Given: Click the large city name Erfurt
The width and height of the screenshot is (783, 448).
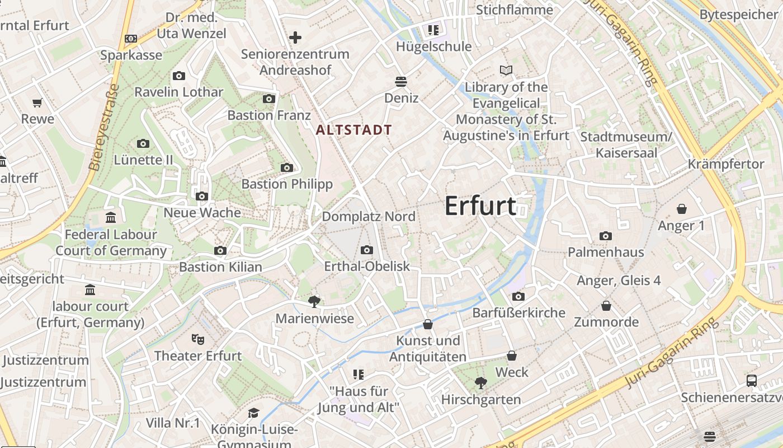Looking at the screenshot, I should pyautogui.click(x=480, y=206).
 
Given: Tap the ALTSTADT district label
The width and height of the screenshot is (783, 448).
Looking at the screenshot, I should pyautogui.click(x=354, y=130).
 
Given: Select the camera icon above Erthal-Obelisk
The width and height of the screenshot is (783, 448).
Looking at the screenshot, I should pyautogui.click(x=367, y=250).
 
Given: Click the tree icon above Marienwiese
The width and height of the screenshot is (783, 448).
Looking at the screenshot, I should pyautogui.click(x=314, y=302).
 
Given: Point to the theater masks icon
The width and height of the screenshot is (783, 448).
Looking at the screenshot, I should pyautogui.click(x=197, y=339).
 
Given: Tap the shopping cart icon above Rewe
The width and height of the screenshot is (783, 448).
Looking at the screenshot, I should pyautogui.click(x=37, y=102).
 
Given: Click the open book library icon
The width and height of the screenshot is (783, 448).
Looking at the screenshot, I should pyautogui.click(x=506, y=71).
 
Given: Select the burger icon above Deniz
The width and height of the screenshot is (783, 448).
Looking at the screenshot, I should pyautogui.click(x=400, y=82).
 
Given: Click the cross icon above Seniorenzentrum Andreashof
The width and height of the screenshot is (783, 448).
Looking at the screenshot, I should pyautogui.click(x=295, y=38).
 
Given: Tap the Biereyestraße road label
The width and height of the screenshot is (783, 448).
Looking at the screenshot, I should pyautogui.click(x=104, y=127).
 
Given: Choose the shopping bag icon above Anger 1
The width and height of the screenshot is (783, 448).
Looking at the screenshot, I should pyautogui.click(x=682, y=209).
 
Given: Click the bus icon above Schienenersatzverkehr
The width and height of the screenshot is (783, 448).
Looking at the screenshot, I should pyautogui.click(x=752, y=381).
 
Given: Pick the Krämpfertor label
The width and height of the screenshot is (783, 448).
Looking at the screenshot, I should pyautogui.click(x=726, y=164).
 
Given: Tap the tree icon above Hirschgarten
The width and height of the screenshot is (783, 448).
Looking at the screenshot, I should pyautogui.click(x=480, y=383).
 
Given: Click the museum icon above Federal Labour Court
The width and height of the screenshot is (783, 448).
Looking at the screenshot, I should pyautogui.click(x=111, y=217).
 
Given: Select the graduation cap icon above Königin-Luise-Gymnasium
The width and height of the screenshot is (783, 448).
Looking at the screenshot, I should pyautogui.click(x=254, y=413).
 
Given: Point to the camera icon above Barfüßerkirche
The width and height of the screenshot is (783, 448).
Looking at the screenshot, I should pyautogui.click(x=518, y=296).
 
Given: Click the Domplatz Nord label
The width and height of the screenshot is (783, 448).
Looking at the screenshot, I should pyautogui.click(x=369, y=217).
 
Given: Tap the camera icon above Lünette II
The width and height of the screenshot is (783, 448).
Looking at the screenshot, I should pyautogui.click(x=143, y=144).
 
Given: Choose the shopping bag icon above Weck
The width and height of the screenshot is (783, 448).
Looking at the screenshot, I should pyautogui.click(x=511, y=356).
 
